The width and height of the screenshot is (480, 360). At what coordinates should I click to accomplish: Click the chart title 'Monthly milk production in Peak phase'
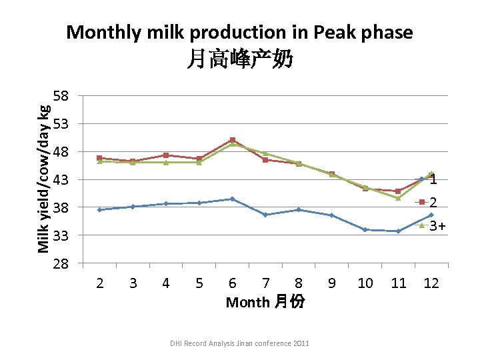click(x=239, y=32)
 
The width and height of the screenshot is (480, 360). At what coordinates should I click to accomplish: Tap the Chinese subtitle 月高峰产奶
click(x=239, y=61)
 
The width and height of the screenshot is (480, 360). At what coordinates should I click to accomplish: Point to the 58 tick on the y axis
click(x=61, y=96)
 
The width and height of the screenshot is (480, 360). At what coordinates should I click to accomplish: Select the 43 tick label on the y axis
click(x=61, y=180)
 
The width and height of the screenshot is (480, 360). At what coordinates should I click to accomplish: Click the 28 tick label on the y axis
click(x=61, y=264)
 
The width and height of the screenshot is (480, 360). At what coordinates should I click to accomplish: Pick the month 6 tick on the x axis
click(x=232, y=283)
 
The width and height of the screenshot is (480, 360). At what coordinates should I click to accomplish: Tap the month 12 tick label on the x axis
click(x=431, y=283)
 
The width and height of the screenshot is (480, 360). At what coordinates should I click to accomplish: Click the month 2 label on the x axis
click(x=100, y=283)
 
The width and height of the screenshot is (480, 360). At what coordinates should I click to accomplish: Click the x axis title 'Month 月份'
click(x=265, y=302)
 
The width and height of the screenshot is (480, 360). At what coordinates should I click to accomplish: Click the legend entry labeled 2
click(x=433, y=202)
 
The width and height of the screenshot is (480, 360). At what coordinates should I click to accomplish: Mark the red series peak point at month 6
click(x=232, y=140)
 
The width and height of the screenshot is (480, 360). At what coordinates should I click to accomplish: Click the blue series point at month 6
click(x=232, y=199)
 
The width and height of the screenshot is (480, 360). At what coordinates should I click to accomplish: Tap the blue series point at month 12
click(x=431, y=215)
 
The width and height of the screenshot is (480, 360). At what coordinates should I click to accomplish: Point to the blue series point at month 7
click(x=265, y=215)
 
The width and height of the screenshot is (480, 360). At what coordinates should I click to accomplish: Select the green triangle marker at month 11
click(x=398, y=198)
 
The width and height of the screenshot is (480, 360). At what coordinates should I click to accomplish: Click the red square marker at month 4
click(x=165, y=155)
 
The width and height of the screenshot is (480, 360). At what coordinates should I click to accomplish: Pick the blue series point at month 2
click(x=100, y=209)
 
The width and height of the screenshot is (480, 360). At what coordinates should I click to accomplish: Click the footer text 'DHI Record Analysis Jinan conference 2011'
click(x=239, y=343)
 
